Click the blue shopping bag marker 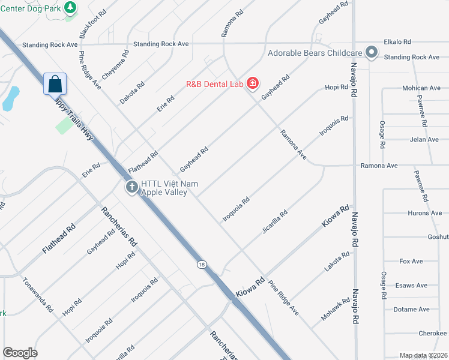pyautogui.click(x=55, y=84)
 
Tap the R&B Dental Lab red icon pyautogui.click(x=252, y=83)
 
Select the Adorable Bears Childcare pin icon pyautogui.click(x=372, y=53)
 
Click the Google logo pyautogui.click(x=20, y=353)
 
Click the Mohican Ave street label pyautogui.click(x=421, y=88)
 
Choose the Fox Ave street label pyautogui.click(x=411, y=262)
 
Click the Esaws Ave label pyautogui.click(x=411, y=286)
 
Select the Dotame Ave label pyautogui.click(x=411, y=310)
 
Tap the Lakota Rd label pyautogui.click(x=337, y=263)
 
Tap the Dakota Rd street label pyautogui.click(x=133, y=93)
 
